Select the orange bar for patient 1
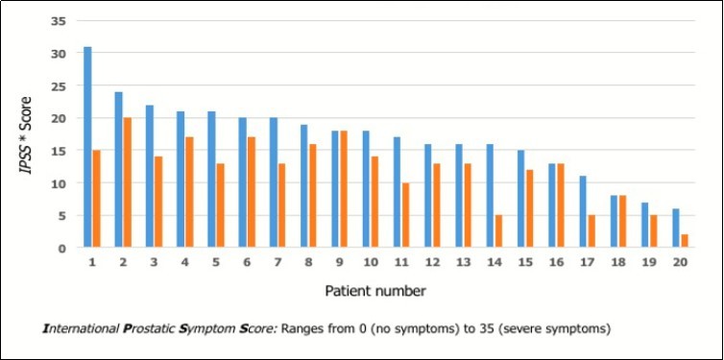click(x=96, y=199)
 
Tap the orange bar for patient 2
click(x=127, y=182)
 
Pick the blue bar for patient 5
click(x=211, y=180)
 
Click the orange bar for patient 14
click(x=499, y=231)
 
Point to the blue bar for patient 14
click(x=491, y=196)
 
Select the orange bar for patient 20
click(x=686, y=241)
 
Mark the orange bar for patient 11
click(x=406, y=215)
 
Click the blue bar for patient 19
click(x=645, y=225)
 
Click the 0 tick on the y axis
click(x=61, y=248)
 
